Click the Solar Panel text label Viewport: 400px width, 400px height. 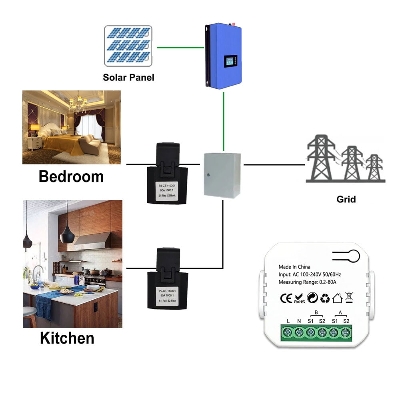pyautogui.click(x=128, y=77)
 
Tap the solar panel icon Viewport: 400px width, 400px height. pyautogui.click(x=128, y=46)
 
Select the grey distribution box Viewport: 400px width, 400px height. pyautogui.click(x=222, y=175)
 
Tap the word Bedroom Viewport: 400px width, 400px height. pyautogui.click(x=71, y=176)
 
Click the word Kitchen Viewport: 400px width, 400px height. pyautogui.click(x=67, y=338)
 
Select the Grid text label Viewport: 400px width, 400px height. pyautogui.click(x=346, y=199)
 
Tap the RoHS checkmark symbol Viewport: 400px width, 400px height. pyautogui.click(x=299, y=298)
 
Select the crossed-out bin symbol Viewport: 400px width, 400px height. pyautogui.click(x=348, y=297)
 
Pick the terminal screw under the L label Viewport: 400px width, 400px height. pyautogui.click(x=288, y=332)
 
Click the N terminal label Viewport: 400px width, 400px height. pyautogui.click(x=299, y=320)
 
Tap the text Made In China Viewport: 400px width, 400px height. pyautogui.click(x=294, y=267)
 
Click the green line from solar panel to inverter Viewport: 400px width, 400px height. pyautogui.click(x=180, y=47)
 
